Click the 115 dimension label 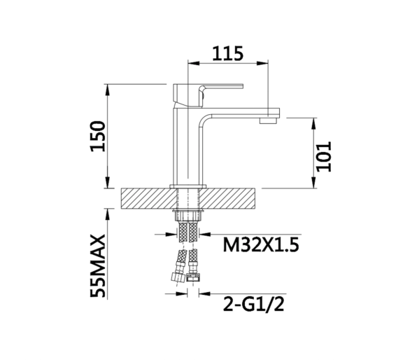point(227,53)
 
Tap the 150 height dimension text point(98,136)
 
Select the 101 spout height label point(324,157)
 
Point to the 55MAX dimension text point(98,265)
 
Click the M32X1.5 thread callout point(261,245)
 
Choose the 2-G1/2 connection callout point(253,304)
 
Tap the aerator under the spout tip point(268,120)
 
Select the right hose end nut point(194,277)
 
